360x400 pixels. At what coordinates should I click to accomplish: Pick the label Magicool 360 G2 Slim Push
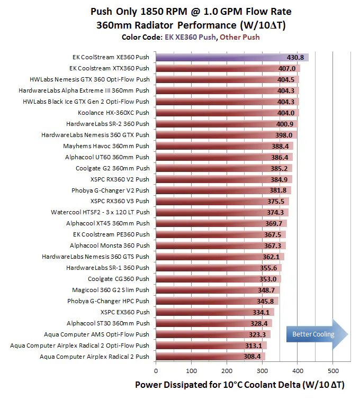coord(111,290)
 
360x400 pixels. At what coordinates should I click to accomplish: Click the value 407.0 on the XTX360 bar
coord(286,68)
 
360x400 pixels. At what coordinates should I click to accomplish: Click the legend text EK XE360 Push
coord(195,37)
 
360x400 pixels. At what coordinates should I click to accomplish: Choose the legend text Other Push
coord(239,37)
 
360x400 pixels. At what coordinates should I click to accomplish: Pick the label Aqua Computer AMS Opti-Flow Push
coord(96,334)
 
